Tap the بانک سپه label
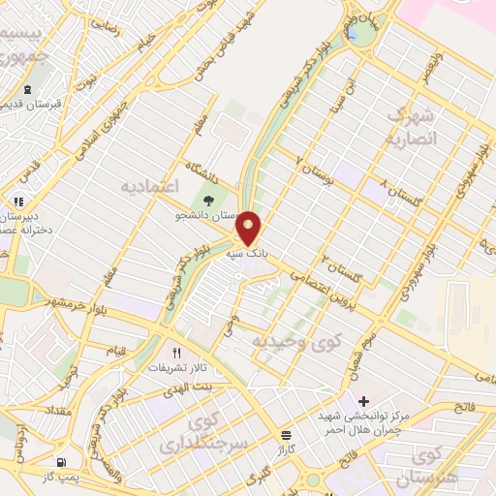click(245, 253)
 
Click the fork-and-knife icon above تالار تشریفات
click(176, 354)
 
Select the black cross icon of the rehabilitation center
click(363, 401)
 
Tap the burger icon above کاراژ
click(286, 435)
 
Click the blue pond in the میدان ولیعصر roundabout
click(360, 36)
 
